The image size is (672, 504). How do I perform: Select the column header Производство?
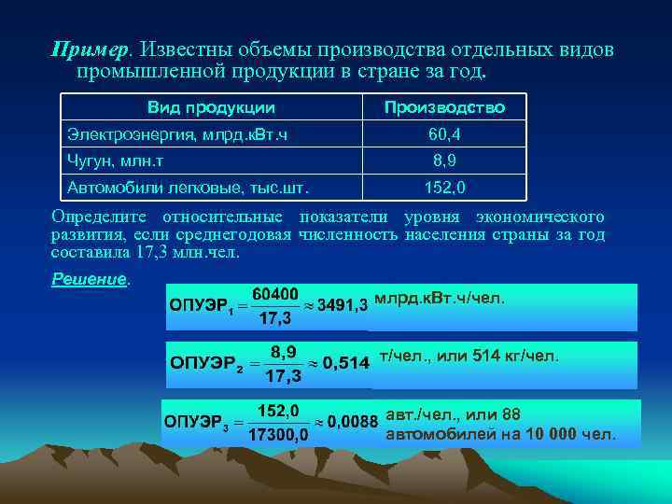coord(445,107)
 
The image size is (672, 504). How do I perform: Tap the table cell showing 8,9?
coord(444,161)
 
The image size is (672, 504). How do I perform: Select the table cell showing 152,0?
coord(444,187)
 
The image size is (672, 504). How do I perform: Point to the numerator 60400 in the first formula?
coord(275,293)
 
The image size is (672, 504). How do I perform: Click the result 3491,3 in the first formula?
coord(343,304)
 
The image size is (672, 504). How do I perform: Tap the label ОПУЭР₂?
coord(206,364)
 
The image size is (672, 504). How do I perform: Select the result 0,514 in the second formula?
coord(345,364)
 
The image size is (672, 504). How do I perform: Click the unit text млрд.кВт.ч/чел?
coord(439,299)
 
